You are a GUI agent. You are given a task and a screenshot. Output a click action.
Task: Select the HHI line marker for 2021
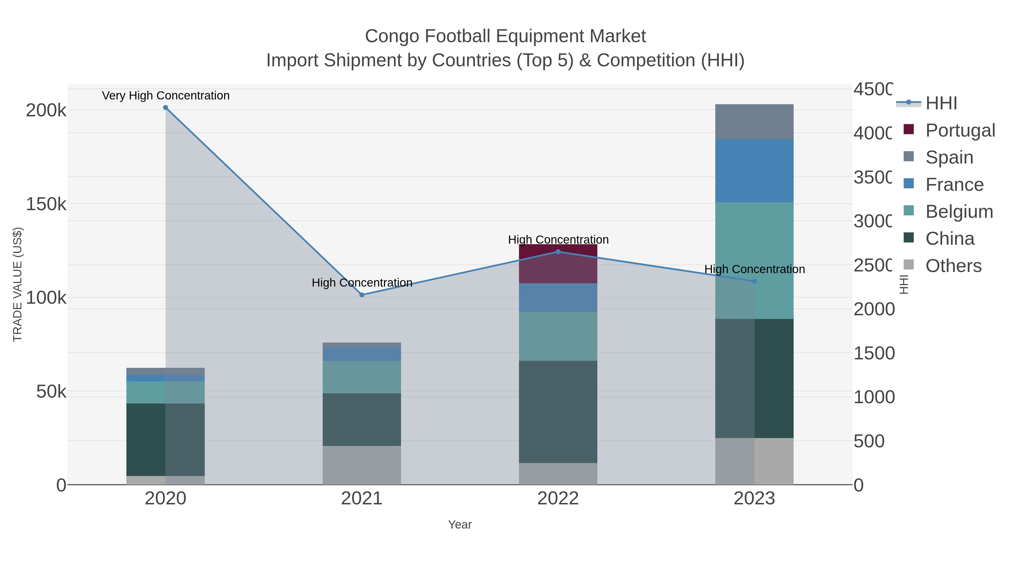[x=362, y=295]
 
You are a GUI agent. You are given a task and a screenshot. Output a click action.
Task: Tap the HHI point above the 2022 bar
[x=558, y=252]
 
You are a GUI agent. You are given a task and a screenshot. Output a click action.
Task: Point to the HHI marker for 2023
[x=754, y=281]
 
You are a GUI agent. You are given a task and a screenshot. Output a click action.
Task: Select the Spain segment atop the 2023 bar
[x=754, y=122]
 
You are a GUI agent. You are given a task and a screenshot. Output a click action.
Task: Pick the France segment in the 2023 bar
[x=754, y=171]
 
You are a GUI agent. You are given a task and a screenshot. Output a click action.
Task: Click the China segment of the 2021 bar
[x=362, y=420]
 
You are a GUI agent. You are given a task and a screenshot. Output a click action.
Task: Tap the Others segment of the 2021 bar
[x=362, y=465]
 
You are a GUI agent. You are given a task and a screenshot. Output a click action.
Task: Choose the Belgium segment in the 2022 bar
[x=558, y=336]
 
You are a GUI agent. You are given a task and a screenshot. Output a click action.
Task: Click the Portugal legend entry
[x=960, y=130]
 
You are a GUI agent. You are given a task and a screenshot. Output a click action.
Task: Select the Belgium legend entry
[x=959, y=212]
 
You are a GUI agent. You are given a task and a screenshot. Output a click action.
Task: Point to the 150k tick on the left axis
[x=46, y=205]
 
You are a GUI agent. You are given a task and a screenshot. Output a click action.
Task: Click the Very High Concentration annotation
[x=166, y=96]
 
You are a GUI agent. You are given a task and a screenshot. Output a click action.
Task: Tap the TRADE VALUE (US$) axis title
[x=18, y=284]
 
